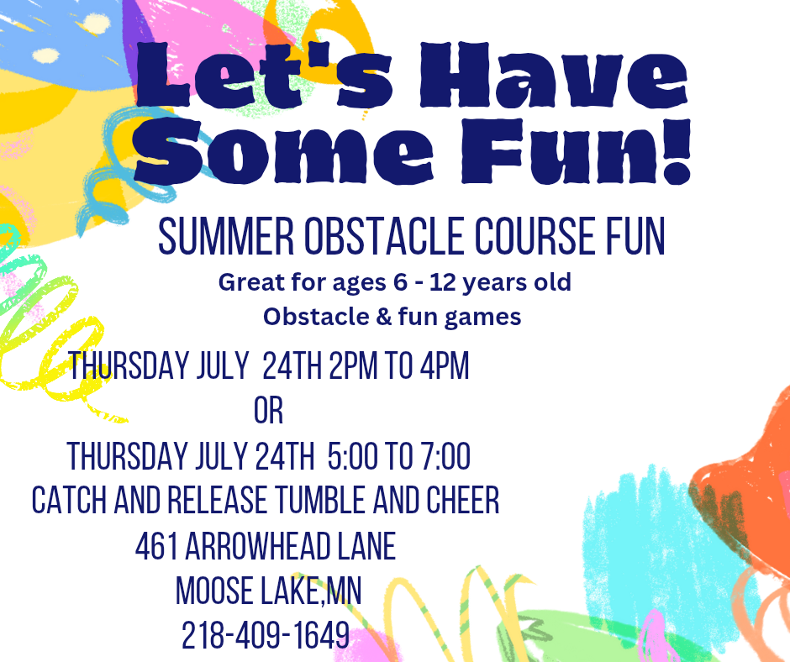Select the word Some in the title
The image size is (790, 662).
284,150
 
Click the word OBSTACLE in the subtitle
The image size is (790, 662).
384,236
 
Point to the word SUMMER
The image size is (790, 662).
226,236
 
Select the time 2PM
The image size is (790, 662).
353,365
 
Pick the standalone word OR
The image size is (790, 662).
269,411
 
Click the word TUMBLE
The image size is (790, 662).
320,500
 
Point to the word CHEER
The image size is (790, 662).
463,500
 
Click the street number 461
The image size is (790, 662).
156,545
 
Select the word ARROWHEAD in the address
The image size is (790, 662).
257,545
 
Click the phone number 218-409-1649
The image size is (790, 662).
266,635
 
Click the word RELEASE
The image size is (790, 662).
217,500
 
